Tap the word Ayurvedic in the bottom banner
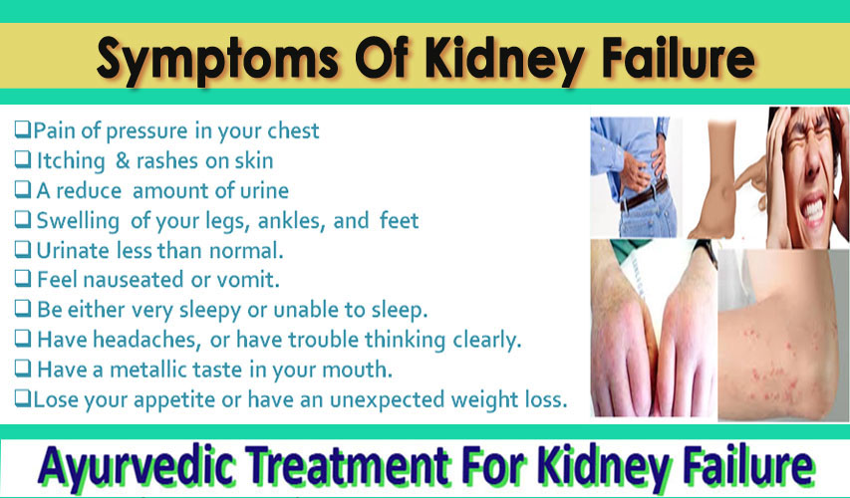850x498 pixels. click(x=137, y=466)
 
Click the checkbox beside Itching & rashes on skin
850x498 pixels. click(x=23, y=160)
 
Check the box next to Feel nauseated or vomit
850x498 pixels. click(x=23, y=279)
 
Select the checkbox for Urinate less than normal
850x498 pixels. click(x=23, y=249)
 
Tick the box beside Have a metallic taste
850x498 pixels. click(x=23, y=369)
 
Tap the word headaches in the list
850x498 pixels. click(x=144, y=340)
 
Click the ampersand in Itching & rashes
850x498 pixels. click(x=123, y=161)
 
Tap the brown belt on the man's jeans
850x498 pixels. click(x=644, y=196)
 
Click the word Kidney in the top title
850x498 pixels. click(x=506, y=60)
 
